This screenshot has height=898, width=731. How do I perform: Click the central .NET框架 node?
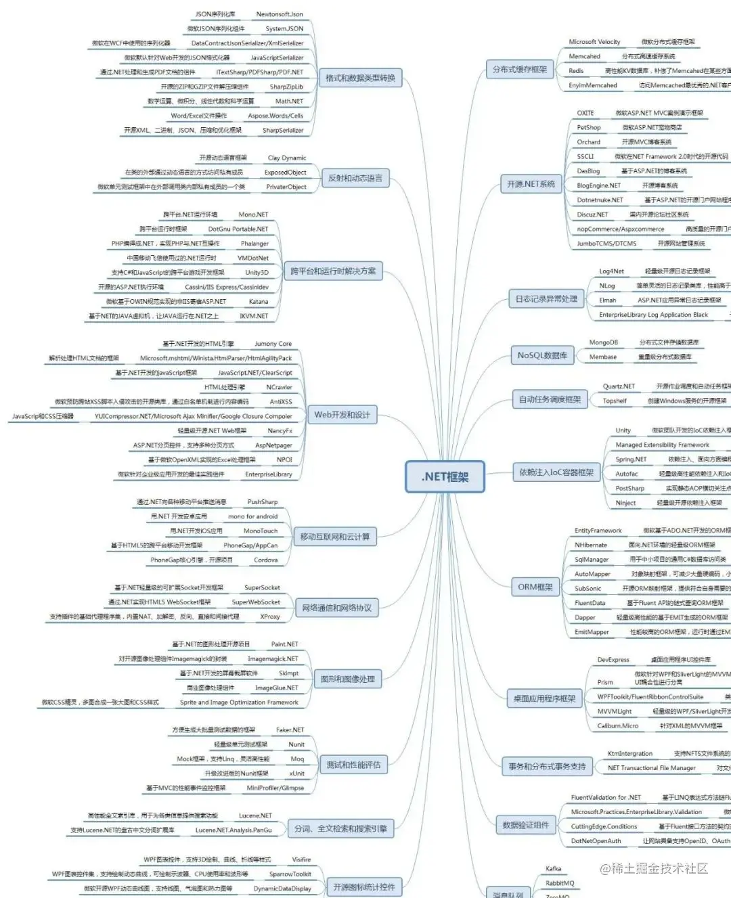pos(445,476)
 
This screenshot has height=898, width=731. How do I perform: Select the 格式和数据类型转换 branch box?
pos(360,78)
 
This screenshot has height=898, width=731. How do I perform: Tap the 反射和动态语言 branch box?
pos(355,179)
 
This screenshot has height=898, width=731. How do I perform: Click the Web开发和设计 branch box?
pos(342,415)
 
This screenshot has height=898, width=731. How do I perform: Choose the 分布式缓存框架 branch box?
pos(520,69)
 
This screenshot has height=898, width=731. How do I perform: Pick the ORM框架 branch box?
pos(535,587)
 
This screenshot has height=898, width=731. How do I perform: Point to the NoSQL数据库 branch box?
pos(542,355)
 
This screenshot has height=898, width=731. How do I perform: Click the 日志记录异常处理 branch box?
pos(546,299)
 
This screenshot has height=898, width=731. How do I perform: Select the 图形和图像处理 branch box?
pos(347,679)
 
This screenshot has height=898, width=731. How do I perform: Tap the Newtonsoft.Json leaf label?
pos(280,14)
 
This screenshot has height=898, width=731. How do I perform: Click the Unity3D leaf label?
pos(257,273)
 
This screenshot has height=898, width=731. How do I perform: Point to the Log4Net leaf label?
pos(611,271)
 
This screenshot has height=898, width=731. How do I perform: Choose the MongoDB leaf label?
pos(603,342)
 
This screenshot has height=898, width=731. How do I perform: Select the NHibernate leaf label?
pos(591,545)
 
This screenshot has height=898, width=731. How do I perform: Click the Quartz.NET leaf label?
pos(619,386)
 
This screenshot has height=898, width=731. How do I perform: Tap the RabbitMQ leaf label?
pos(560,883)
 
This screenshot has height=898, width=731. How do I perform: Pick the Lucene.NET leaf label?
pos(255,815)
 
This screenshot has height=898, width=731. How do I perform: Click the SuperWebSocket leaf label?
pos(256,602)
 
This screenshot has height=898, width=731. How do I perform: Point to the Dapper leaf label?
pos(585,617)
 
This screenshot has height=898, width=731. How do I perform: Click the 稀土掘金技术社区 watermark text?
pos(654,868)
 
